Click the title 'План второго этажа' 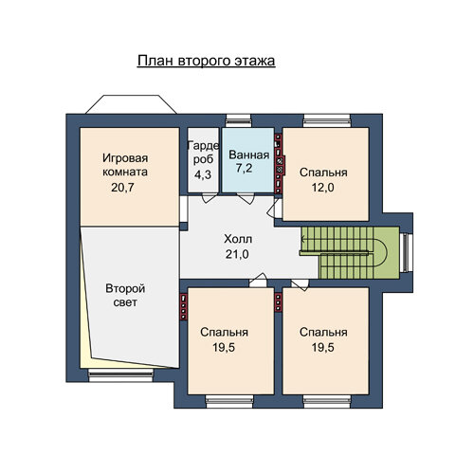tap(206, 61)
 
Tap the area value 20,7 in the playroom tap(122, 188)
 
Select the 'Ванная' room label tap(249, 155)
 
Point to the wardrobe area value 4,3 tap(203, 174)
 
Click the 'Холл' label tap(238, 239)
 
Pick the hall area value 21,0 tap(237, 254)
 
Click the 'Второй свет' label tap(125, 296)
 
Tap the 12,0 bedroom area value tap(322, 188)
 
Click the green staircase tap(349, 253)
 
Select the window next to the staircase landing tap(406, 252)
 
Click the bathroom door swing tap(246, 198)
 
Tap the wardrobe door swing tap(210, 197)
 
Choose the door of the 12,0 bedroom tap(274, 209)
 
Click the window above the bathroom tap(238, 121)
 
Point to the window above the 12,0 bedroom tap(327, 121)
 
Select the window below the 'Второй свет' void tap(120, 375)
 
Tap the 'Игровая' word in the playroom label tap(125, 158)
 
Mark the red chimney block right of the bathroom tap(279, 163)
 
